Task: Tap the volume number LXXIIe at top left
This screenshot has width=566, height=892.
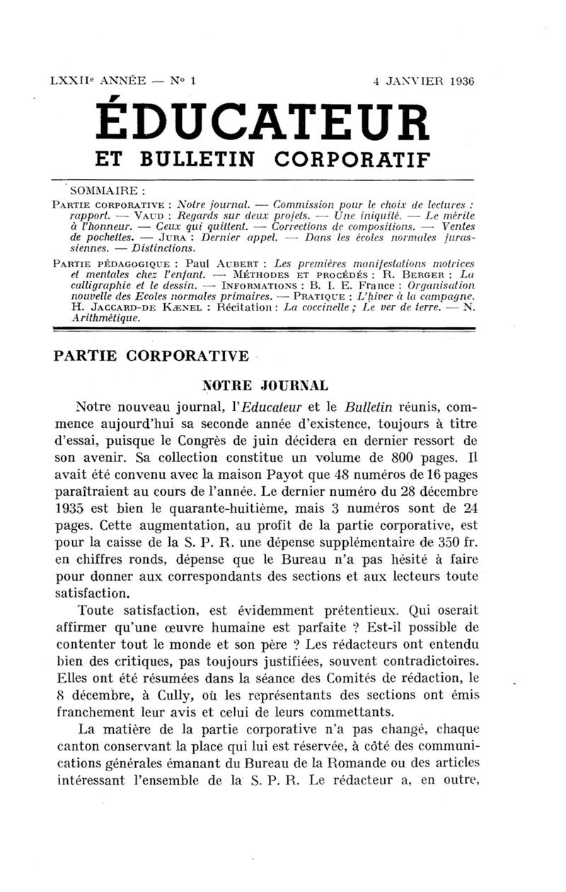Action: (x=71, y=81)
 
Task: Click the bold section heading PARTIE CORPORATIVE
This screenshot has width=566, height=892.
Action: (x=151, y=355)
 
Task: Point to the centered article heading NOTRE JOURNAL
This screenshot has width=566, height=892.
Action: (x=265, y=386)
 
